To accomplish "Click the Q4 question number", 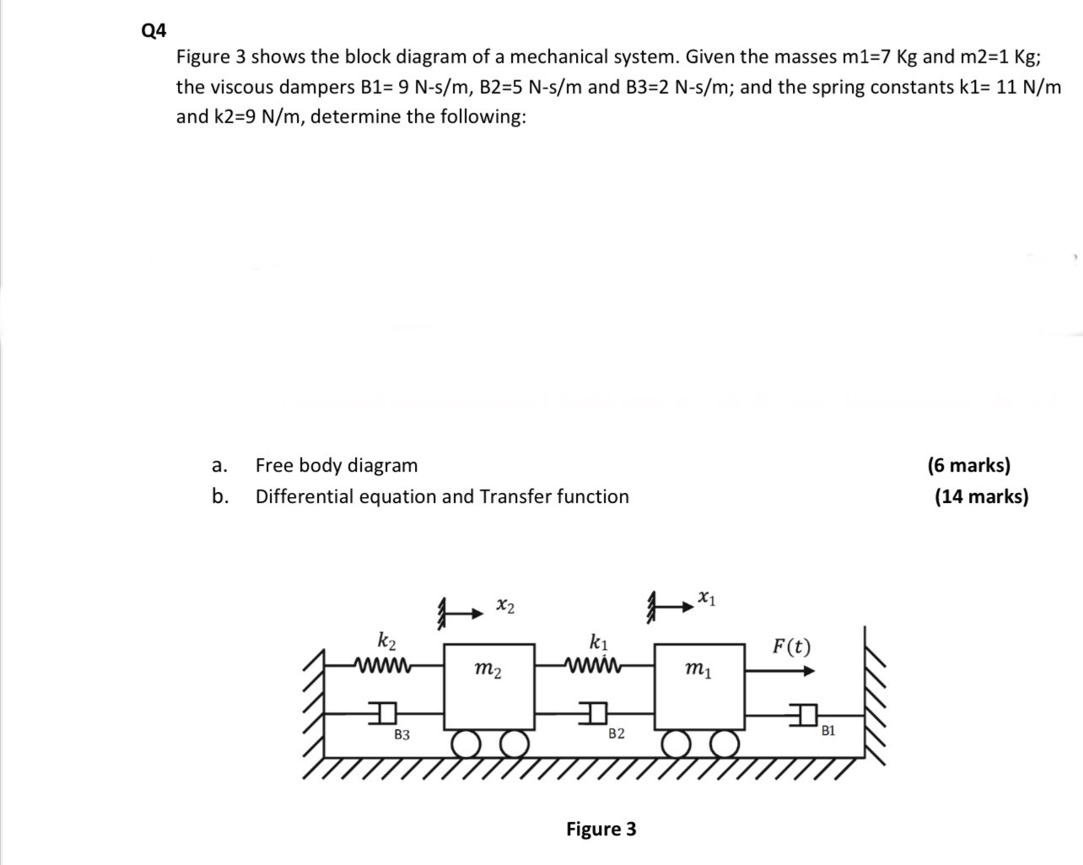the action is pyautogui.click(x=155, y=30).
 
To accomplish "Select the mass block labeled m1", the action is pyautogui.click(x=699, y=684).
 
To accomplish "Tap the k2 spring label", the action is pyautogui.click(x=386, y=639).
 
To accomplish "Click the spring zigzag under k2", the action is pyautogui.click(x=384, y=662).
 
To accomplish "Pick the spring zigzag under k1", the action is pyautogui.click(x=595, y=662).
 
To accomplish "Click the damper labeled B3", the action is pyautogui.click(x=385, y=713).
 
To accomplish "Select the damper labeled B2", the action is pyautogui.click(x=595, y=714).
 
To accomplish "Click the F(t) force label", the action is pyautogui.click(x=791, y=647).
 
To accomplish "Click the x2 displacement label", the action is pyautogui.click(x=506, y=606).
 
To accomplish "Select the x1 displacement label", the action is pyautogui.click(x=707, y=598).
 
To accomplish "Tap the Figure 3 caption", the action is pyautogui.click(x=601, y=829).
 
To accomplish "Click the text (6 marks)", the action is pyautogui.click(x=968, y=465).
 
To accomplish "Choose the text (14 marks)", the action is pyautogui.click(x=981, y=496).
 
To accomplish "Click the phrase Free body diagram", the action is pyautogui.click(x=337, y=465).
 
